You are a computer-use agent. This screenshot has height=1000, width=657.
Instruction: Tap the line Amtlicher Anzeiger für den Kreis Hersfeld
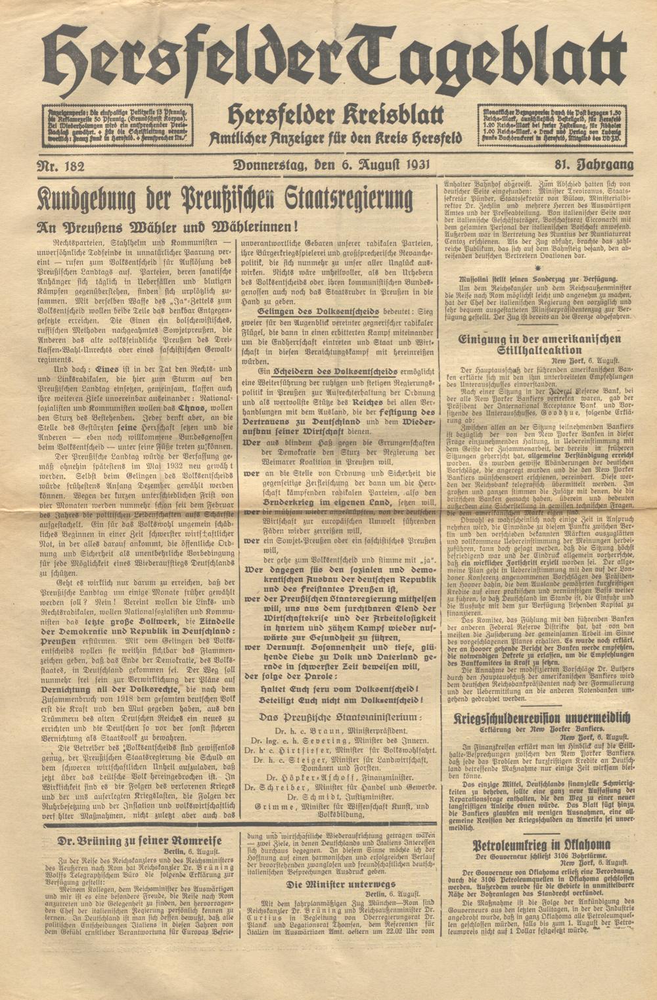click(x=335, y=139)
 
